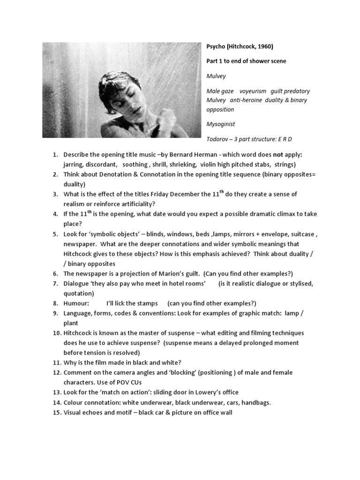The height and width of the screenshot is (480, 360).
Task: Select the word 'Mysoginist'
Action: tap(220, 124)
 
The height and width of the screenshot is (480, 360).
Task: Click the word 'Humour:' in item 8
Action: tap(76, 303)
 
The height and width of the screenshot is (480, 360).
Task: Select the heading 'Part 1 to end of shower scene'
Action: tap(246, 61)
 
